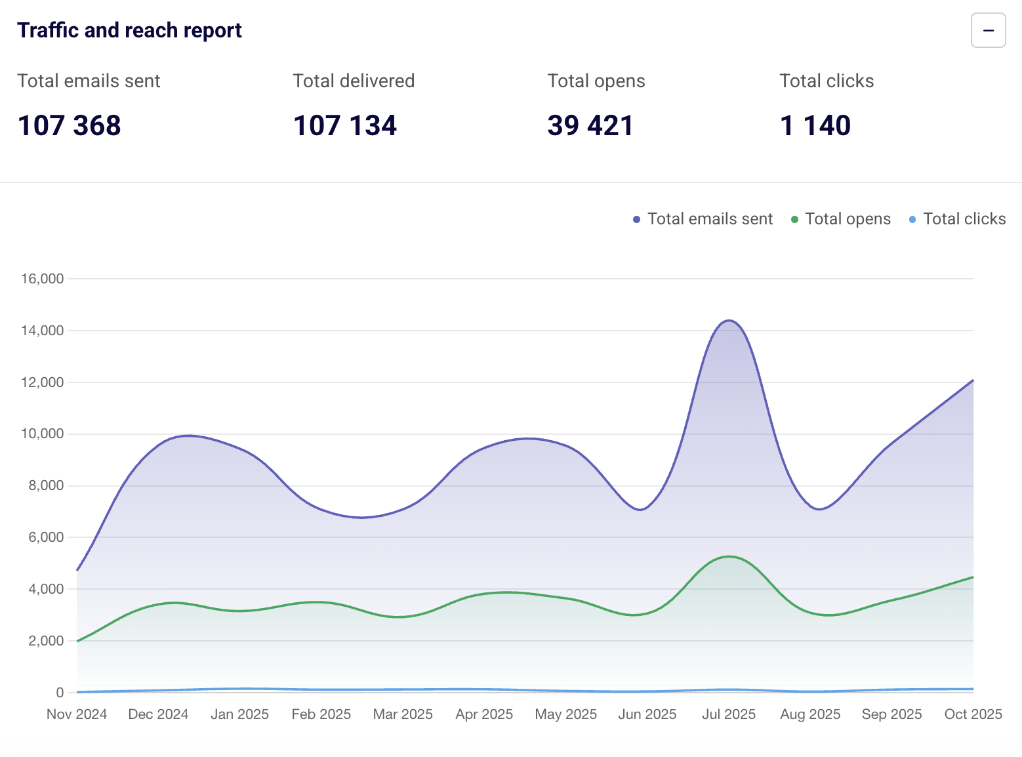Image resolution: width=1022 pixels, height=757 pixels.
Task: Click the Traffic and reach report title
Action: (x=129, y=30)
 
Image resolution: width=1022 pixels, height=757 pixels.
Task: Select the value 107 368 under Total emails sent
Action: (x=70, y=125)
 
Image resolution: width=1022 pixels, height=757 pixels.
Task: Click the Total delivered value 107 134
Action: (x=345, y=125)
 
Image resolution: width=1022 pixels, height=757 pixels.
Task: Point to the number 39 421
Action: (x=590, y=125)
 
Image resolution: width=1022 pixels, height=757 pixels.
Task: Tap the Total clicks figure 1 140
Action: (x=815, y=125)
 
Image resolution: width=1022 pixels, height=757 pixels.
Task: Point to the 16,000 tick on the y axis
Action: (x=43, y=279)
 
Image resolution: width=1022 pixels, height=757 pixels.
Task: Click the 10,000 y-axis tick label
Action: (x=43, y=434)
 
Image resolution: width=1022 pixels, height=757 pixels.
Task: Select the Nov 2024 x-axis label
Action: (x=77, y=714)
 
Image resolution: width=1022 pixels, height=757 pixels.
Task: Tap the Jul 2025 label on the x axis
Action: (x=729, y=714)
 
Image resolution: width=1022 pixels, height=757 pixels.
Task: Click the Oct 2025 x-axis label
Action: (x=973, y=714)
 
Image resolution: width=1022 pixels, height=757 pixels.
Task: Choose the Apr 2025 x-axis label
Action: (x=484, y=714)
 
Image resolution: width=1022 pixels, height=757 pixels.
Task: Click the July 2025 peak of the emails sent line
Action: (x=729, y=321)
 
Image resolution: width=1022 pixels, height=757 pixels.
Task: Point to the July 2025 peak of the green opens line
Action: (x=729, y=556)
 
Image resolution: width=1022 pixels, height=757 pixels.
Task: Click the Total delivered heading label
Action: (x=354, y=81)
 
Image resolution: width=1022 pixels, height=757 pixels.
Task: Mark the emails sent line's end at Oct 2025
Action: (x=973, y=380)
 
